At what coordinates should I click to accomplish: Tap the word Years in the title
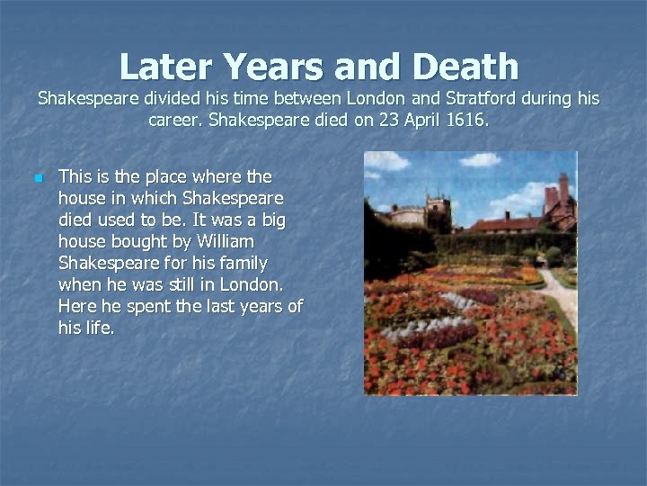[273, 67]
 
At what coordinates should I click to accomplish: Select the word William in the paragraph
[224, 241]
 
